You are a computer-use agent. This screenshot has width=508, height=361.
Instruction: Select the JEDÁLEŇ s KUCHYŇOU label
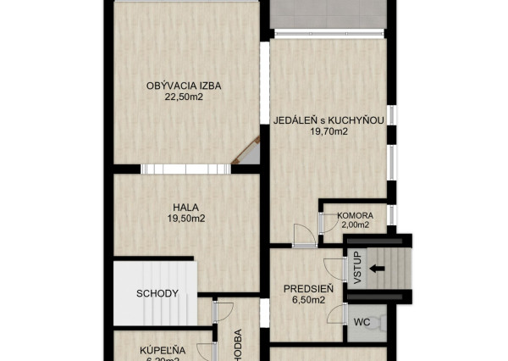(329, 120)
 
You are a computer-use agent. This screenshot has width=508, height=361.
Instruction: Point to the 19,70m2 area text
(329, 131)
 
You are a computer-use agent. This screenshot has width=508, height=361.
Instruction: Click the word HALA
(186, 207)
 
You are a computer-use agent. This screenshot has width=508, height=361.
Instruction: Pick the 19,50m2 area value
(186, 218)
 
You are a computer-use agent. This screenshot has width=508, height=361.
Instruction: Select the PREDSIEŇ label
(307, 288)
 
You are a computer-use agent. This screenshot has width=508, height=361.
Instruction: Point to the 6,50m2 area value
(307, 299)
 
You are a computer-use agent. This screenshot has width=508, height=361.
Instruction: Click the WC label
(362, 322)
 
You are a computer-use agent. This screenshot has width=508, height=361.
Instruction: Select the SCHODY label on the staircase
(157, 294)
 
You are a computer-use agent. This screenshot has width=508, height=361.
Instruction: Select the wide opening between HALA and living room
(185, 169)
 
